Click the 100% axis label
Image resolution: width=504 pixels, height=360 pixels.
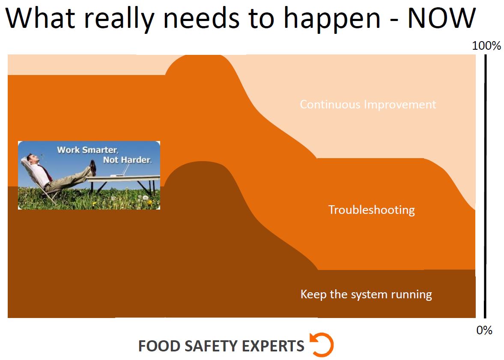pyautogui.click(x=486, y=46)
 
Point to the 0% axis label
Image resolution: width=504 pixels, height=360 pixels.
pyautogui.click(x=484, y=330)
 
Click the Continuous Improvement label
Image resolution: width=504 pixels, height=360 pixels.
pyautogui.click(x=368, y=105)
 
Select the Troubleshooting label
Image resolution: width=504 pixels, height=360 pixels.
pyautogui.click(x=372, y=210)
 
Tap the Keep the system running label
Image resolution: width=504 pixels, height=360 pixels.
pyautogui.click(x=366, y=295)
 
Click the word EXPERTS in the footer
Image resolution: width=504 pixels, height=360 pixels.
pyautogui.click(x=273, y=346)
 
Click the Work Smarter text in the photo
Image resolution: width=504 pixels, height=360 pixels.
pyautogui.click(x=88, y=150)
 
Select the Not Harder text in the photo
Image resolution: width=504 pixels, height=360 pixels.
pyautogui.click(x=127, y=160)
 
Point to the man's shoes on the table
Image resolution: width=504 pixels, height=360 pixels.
pyautogui.click(x=93, y=168)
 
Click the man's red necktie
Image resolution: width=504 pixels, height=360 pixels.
pyautogui.click(x=47, y=173)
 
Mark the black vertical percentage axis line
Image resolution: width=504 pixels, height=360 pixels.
pyautogui.click(x=485, y=186)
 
